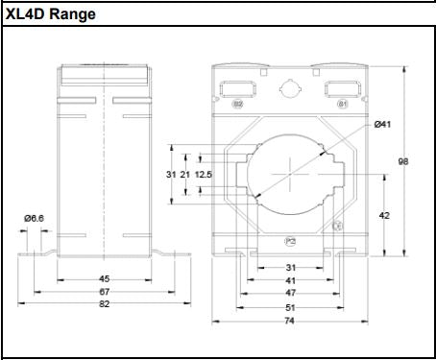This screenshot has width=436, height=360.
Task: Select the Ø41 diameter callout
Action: pos(382,125)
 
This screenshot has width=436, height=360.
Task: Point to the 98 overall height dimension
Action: pos(403,161)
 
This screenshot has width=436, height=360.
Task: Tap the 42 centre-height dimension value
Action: pos(384,216)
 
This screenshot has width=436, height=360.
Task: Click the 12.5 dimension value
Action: pos(203,175)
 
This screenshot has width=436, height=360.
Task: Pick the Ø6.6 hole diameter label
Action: pos(34,218)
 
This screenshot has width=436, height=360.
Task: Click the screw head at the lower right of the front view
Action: pos(337,226)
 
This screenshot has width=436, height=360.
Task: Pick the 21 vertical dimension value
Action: pos(185,175)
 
